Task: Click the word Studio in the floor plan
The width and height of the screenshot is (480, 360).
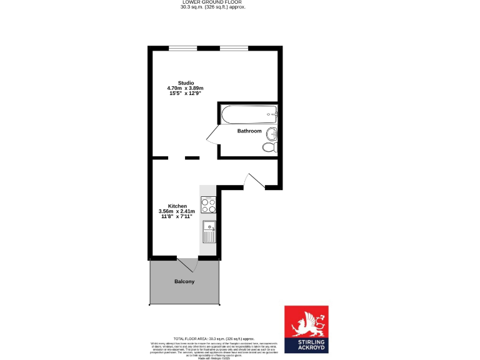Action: (x=186, y=83)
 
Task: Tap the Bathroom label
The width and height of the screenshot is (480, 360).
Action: (x=249, y=131)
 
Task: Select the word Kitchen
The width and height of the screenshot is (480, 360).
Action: (x=177, y=206)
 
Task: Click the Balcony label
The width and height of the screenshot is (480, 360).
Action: (x=184, y=282)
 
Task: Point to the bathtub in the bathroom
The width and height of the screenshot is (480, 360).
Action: (x=248, y=114)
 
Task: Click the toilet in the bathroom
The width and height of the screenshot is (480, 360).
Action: (x=269, y=147)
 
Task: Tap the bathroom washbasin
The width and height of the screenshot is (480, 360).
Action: (x=272, y=134)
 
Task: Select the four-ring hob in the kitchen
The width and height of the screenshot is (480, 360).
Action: (x=208, y=205)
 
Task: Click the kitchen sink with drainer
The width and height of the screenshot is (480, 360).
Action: (x=208, y=232)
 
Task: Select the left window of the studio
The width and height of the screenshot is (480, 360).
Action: (x=183, y=48)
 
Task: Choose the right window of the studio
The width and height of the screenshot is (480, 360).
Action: (x=233, y=48)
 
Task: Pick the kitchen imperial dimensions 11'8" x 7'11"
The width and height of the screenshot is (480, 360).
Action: (x=177, y=217)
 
